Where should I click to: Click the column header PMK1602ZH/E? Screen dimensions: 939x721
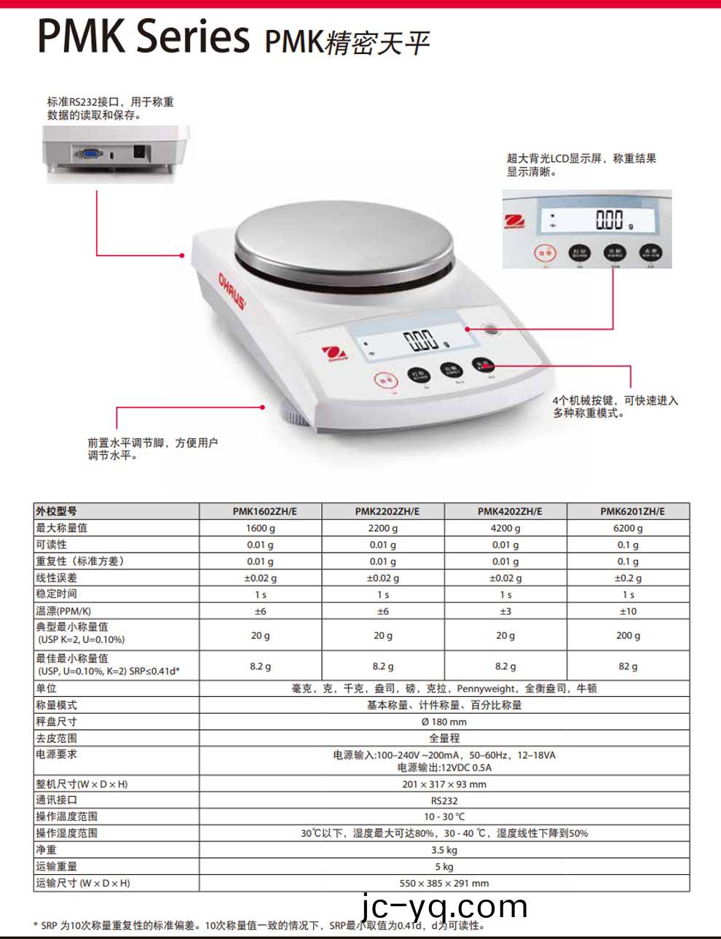pyautogui.click(x=260, y=511)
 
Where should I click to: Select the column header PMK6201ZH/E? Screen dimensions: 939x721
pyautogui.click(x=628, y=511)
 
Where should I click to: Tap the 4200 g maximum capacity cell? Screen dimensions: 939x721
pyautogui.click(x=505, y=528)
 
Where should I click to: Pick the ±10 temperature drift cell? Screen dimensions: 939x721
pyautogui.click(x=628, y=611)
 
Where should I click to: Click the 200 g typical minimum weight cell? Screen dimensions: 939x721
pyautogui.click(x=628, y=636)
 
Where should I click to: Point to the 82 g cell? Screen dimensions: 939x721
pyautogui.click(x=628, y=666)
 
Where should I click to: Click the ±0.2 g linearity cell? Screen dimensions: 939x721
pyautogui.click(x=628, y=578)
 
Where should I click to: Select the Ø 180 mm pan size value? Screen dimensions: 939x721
pyautogui.click(x=444, y=722)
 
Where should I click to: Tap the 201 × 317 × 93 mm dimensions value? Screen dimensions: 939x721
pyautogui.click(x=444, y=784)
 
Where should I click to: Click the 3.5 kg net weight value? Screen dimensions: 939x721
pyautogui.click(x=444, y=850)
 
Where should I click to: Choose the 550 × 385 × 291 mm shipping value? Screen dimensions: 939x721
pyautogui.click(x=444, y=883)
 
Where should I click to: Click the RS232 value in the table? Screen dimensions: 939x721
pyautogui.click(x=444, y=800)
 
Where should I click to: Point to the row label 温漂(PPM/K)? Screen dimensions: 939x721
pyautogui.click(x=63, y=611)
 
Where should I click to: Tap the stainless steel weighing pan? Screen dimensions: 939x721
pyautogui.click(x=344, y=242)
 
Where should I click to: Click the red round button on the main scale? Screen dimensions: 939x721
pyautogui.click(x=387, y=381)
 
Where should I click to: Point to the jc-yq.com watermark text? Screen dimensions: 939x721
pyautogui.click(x=444, y=908)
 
